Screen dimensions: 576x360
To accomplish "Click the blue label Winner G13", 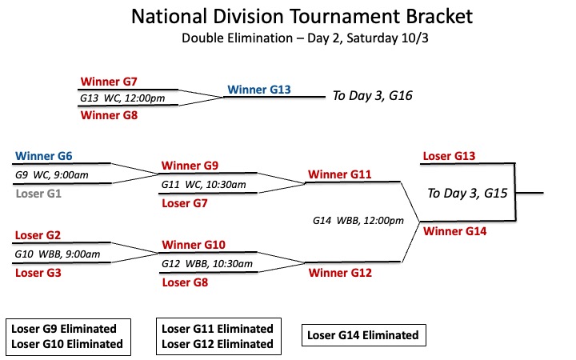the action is pos(259,90).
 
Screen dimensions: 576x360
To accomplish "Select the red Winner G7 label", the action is pos(109,81).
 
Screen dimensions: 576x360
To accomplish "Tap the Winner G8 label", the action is pos(109,115).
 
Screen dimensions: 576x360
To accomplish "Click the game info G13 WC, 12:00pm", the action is pos(122,98).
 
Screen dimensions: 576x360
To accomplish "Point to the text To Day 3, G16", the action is pos(373,95).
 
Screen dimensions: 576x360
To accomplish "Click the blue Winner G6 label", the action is pos(44,156).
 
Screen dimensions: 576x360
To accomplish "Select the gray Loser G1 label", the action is pos(38,194).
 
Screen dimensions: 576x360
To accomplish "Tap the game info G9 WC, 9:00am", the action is pos(52,175).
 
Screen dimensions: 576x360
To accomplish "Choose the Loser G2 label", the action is pos(38,235).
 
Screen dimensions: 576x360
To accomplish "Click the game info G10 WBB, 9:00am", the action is pos(58,254).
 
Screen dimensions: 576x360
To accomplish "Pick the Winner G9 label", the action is pos(190,166).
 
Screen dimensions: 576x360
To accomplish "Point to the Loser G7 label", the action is pos(185,203).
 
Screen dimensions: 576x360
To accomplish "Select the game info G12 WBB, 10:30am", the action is pos(207,264).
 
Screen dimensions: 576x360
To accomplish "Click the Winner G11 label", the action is pos(340,174).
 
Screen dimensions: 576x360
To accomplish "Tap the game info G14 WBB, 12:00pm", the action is pos(358,221).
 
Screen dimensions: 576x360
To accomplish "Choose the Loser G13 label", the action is pos(449,156).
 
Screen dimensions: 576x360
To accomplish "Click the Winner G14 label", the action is pos(454,231).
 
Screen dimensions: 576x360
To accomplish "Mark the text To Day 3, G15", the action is pos(467,194).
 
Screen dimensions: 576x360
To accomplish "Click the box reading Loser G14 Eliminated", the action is pos(364,335).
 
